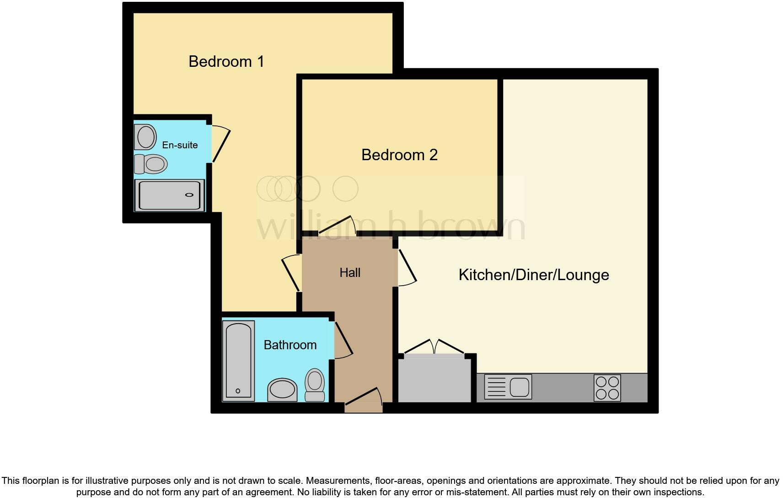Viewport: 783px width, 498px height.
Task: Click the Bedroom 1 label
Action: click(x=226, y=61)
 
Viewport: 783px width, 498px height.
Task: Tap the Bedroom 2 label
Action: click(x=399, y=155)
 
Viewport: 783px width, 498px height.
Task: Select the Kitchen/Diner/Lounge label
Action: click(x=533, y=275)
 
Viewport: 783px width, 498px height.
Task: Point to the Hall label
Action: click(x=350, y=273)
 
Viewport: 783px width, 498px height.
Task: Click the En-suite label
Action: click(x=180, y=145)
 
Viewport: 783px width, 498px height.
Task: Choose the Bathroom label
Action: click(x=290, y=345)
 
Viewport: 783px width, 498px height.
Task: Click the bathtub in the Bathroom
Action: click(x=238, y=361)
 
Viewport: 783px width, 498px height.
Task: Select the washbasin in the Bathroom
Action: click(x=282, y=390)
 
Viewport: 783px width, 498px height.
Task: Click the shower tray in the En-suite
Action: click(x=169, y=195)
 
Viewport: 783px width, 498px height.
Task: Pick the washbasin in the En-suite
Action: click(x=146, y=136)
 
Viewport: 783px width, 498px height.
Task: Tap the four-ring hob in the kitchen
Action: click(x=607, y=388)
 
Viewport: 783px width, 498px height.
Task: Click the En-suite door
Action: click(x=220, y=145)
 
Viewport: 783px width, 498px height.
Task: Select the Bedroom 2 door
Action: click(x=337, y=226)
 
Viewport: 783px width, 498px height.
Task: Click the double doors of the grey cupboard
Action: click(x=434, y=346)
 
